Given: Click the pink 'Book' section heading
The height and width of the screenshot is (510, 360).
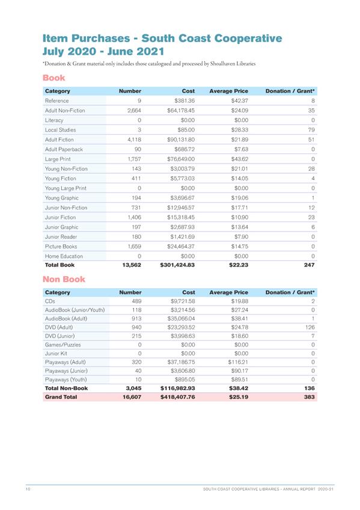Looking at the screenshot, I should pos(53,78).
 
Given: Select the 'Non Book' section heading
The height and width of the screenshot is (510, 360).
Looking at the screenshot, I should pos(64,279).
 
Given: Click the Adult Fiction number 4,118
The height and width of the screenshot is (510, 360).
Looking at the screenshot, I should pos(130,140).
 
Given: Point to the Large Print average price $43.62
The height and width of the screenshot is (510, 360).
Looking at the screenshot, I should pos(237,159).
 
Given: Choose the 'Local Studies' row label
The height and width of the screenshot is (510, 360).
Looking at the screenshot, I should pos(59,130).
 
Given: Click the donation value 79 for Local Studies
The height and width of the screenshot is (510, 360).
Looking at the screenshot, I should pos(311,130).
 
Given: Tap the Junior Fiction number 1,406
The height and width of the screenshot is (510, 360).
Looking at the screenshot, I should pos(130,217).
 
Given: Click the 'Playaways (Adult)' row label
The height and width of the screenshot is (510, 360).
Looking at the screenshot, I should pos(66,363).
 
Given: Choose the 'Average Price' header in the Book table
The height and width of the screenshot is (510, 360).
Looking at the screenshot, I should pos(228,91).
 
